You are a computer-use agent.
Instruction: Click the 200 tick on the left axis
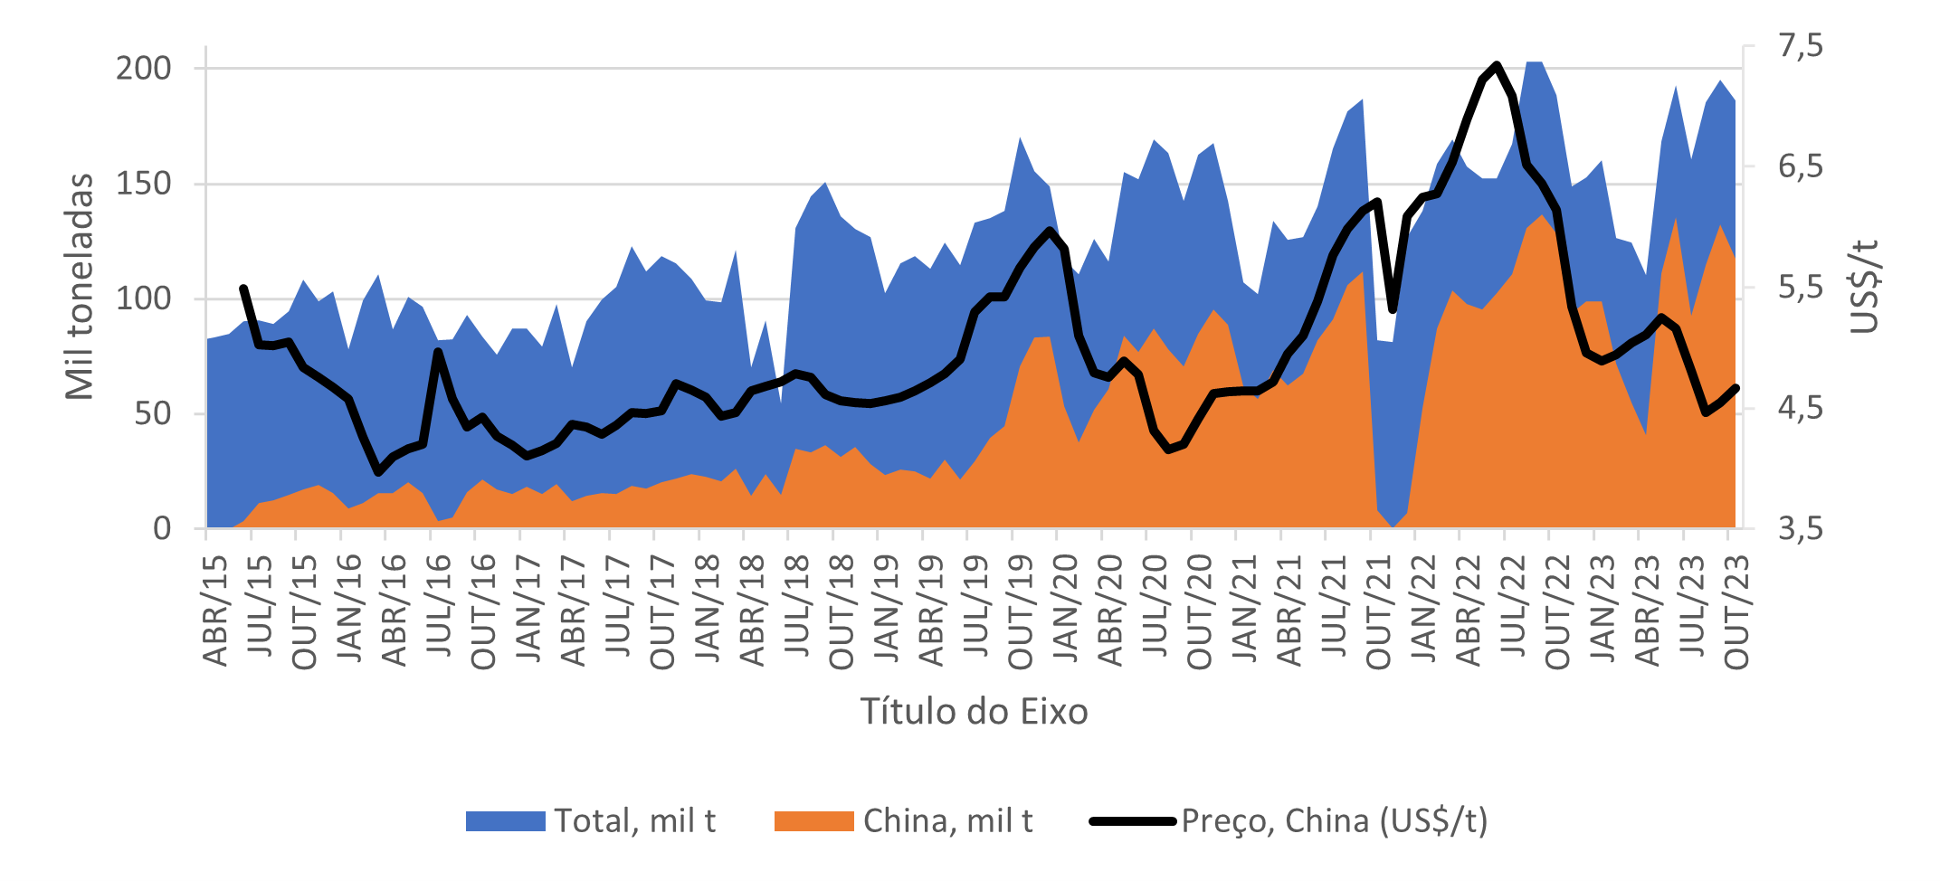[143, 69]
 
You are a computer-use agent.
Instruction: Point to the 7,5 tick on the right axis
[1801, 45]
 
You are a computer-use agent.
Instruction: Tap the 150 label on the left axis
[143, 184]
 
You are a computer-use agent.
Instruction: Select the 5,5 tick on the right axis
[1801, 288]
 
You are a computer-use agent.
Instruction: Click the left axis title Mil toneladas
[80, 287]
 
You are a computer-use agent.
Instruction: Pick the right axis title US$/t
[1864, 287]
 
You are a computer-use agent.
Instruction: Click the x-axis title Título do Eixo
[974, 712]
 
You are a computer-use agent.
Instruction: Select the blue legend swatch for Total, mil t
[505, 821]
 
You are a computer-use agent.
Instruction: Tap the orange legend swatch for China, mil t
[813, 821]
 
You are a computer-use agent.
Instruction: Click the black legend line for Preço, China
[1132, 821]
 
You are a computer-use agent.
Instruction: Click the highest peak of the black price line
[1497, 64]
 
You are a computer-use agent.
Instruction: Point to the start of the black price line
[243, 288]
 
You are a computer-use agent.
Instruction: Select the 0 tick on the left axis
[162, 528]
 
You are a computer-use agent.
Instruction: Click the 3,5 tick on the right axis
[1801, 528]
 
